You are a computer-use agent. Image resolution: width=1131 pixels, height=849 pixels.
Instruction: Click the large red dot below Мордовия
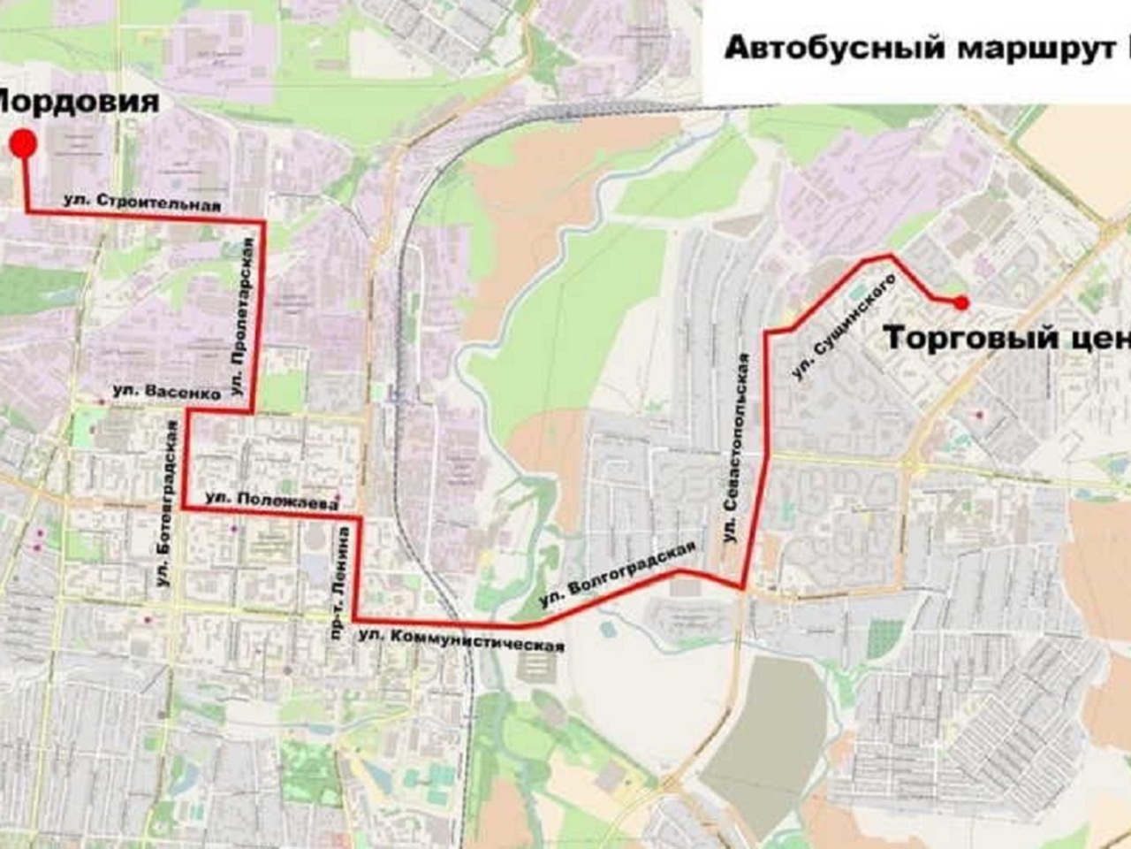(x=24, y=143)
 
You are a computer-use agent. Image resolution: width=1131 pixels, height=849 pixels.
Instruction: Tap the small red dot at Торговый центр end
(x=961, y=303)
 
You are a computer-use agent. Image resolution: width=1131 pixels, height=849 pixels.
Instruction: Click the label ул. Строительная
(x=141, y=202)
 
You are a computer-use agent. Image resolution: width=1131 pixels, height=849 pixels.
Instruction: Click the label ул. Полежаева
(x=271, y=501)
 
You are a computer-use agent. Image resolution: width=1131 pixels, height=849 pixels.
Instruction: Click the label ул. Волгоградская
(x=617, y=574)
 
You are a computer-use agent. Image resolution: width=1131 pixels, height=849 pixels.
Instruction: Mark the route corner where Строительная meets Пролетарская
(x=262, y=219)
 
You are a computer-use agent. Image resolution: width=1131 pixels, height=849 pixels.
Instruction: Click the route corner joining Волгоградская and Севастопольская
(x=743, y=587)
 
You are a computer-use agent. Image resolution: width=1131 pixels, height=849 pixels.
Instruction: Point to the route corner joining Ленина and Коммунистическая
(x=355, y=619)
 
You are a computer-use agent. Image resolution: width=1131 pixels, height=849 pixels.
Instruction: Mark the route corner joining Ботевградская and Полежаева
(x=185, y=509)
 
